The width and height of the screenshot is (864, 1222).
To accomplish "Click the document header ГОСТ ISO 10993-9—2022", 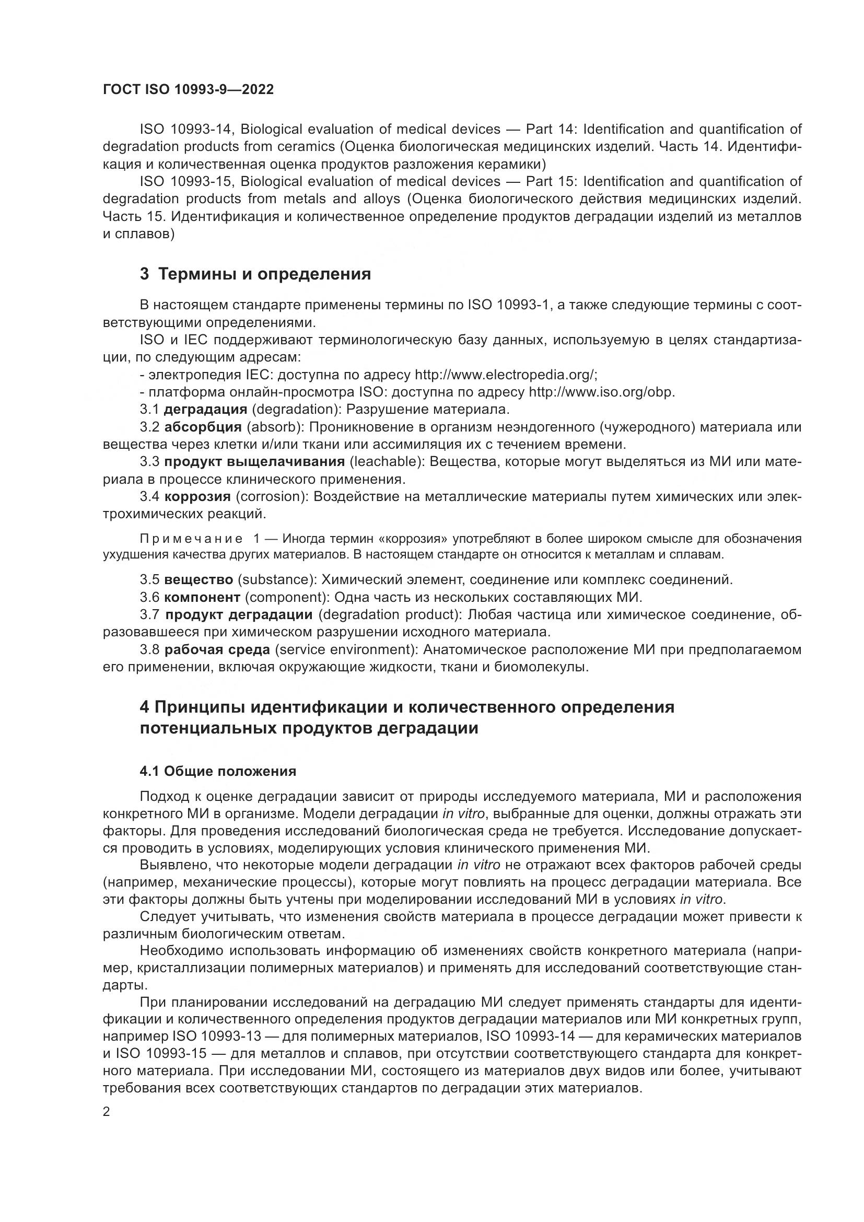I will point(189,90).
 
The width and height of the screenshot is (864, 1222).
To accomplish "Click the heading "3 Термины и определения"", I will point(255,274).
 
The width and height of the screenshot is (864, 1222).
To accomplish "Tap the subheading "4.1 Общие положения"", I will point(218,771).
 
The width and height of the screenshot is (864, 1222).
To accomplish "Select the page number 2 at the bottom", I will point(107,1112).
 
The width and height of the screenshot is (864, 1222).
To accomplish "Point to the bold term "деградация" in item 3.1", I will point(205,409).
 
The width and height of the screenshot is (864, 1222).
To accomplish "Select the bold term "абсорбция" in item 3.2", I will point(203,427).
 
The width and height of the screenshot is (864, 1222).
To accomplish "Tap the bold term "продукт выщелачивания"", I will point(255,461).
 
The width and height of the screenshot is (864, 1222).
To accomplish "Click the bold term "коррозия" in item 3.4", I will point(197,496).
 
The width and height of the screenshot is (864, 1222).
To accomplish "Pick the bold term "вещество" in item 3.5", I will point(199,579).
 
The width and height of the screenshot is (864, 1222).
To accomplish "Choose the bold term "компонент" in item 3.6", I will point(202,597).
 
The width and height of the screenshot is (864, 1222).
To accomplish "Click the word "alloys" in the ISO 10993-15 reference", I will point(381,199).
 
